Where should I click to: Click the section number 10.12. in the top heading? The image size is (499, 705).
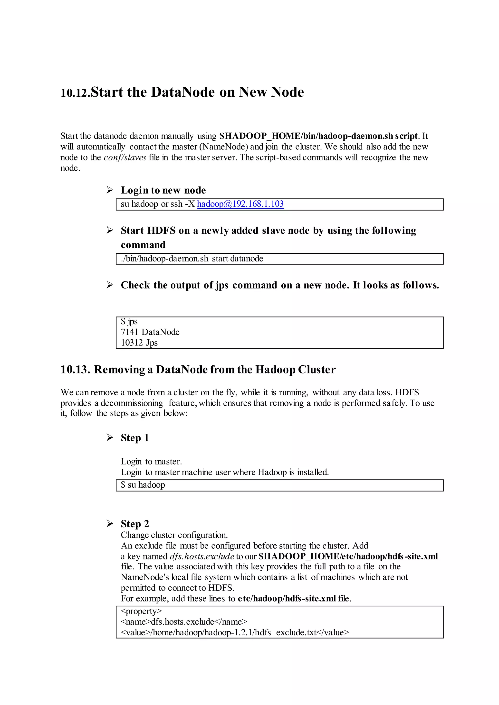point(75,93)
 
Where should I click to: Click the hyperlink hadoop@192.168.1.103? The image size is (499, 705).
point(240,204)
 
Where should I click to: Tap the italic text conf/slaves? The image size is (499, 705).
point(125,158)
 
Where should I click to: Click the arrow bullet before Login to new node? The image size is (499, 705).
point(110,190)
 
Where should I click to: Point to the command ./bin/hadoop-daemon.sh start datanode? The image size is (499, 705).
point(192,259)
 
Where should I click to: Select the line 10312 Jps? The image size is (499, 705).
point(139,343)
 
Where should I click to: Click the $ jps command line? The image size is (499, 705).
point(129,322)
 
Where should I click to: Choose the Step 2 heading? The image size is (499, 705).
point(134,524)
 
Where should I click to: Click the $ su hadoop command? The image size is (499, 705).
point(143,485)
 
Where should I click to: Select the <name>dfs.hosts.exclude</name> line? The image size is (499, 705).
point(184,622)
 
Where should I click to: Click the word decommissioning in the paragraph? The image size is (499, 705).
point(132,403)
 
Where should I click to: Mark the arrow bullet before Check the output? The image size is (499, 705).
point(110,285)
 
